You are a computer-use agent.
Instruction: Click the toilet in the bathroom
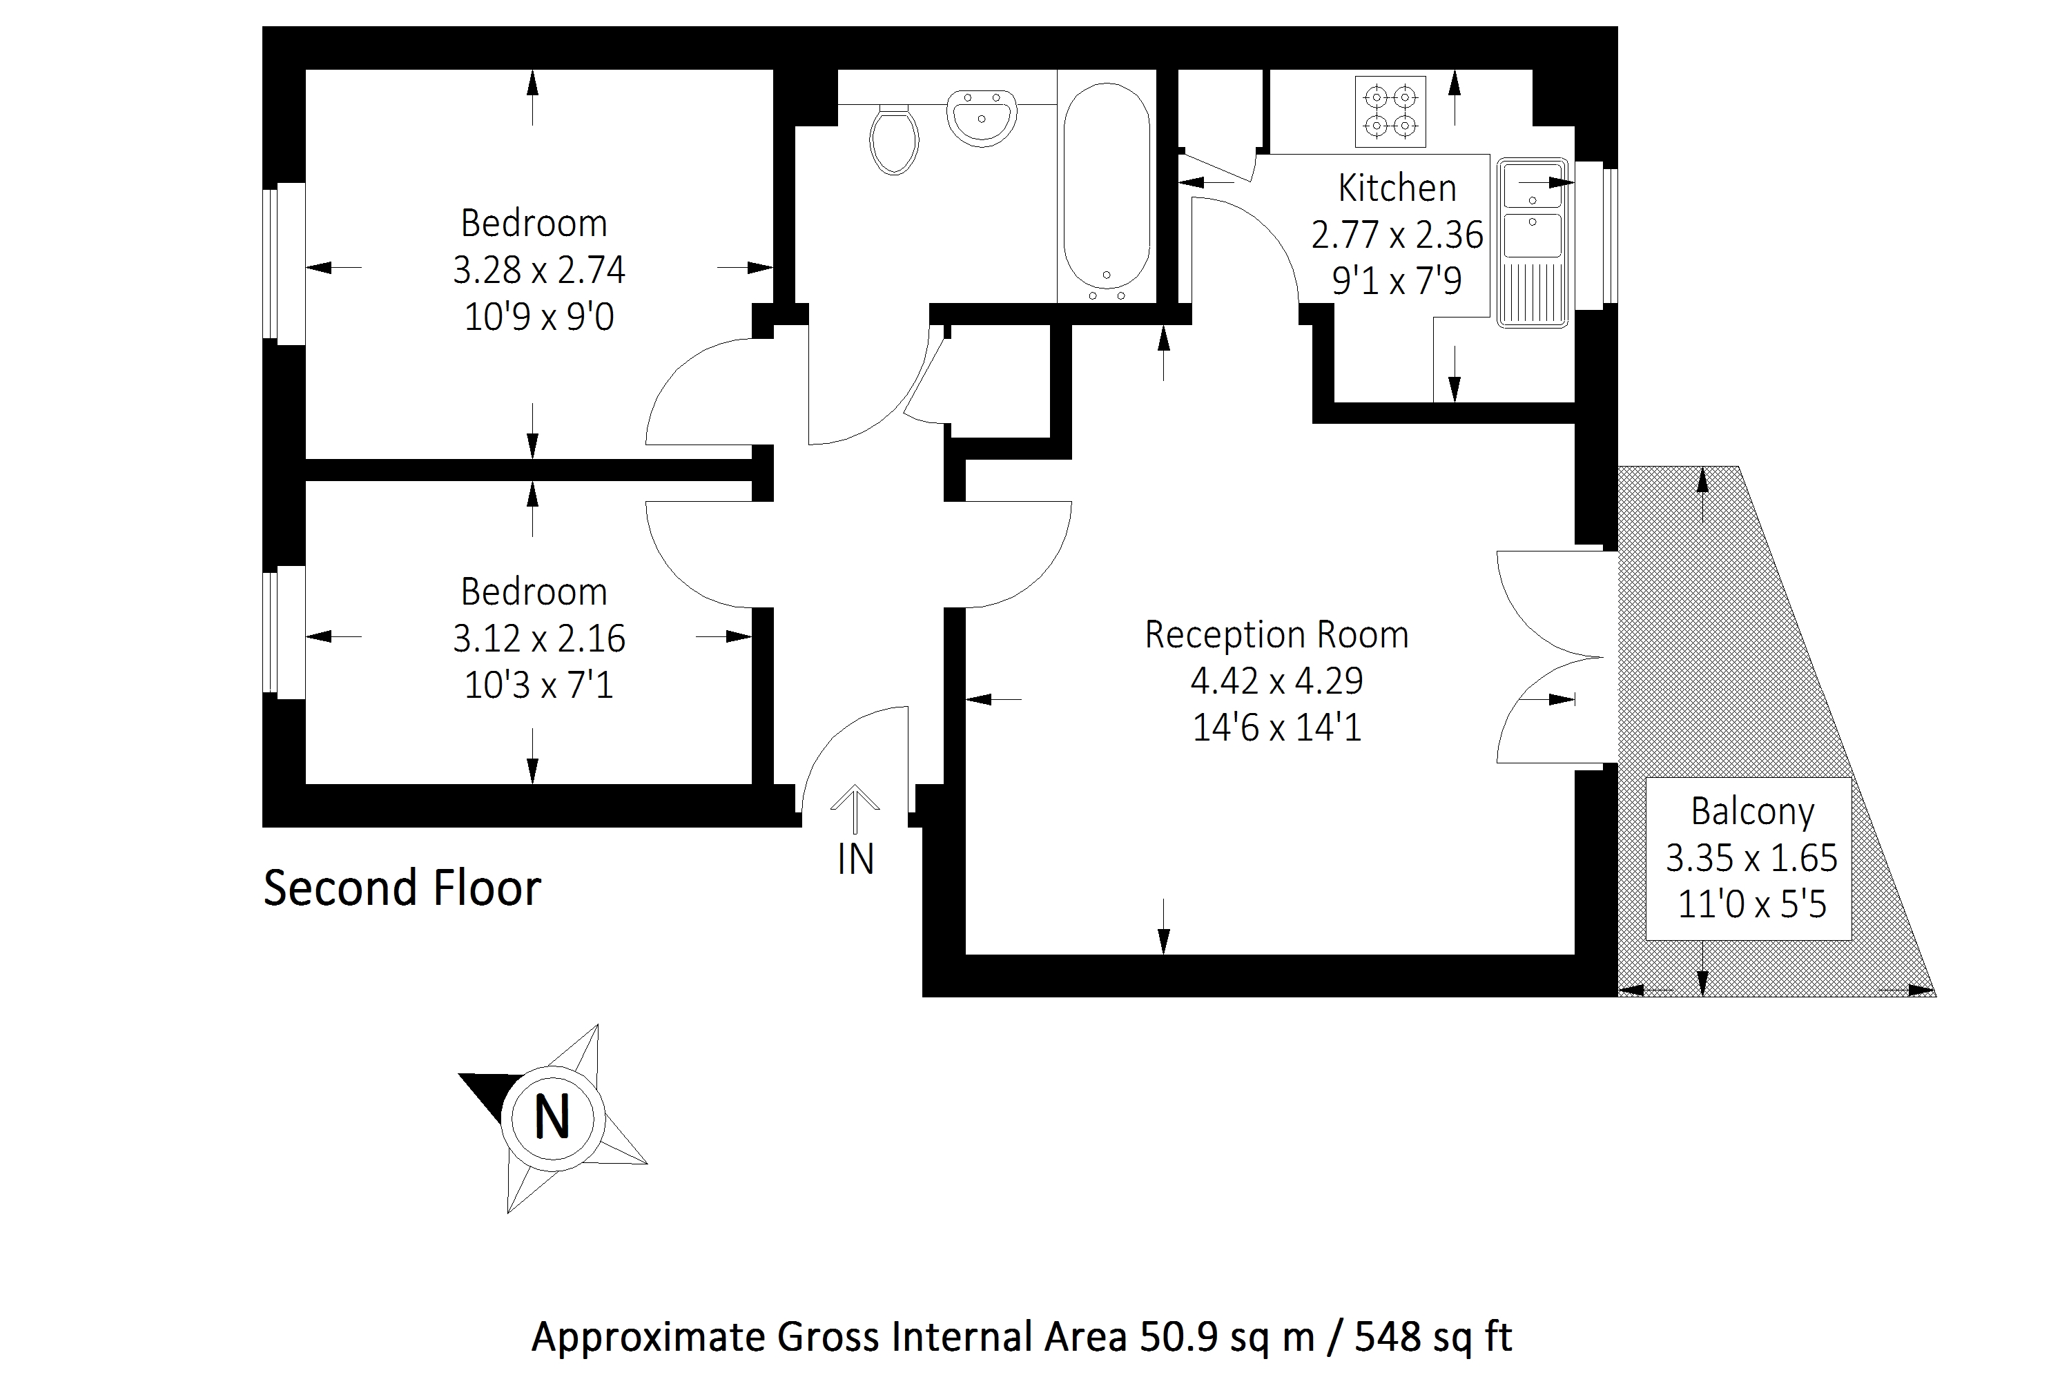click(x=894, y=141)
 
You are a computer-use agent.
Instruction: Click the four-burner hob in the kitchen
click(x=1390, y=110)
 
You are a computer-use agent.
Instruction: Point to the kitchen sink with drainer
click(x=1532, y=242)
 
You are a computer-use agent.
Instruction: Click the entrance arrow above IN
click(x=855, y=808)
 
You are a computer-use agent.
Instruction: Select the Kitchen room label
click(x=1397, y=188)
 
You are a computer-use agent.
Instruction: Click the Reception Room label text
click(x=1276, y=634)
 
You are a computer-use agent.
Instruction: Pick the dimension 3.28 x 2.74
click(x=538, y=270)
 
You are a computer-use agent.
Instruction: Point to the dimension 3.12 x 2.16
click(x=538, y=638)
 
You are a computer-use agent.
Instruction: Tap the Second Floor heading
click(x=402, y=888)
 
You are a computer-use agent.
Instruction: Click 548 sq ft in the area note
click(x=1432, y=1336)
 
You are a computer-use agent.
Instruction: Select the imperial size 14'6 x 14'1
click(x=1276, y=728)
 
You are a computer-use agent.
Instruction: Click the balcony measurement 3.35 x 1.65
click(x=1751, y=858)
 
